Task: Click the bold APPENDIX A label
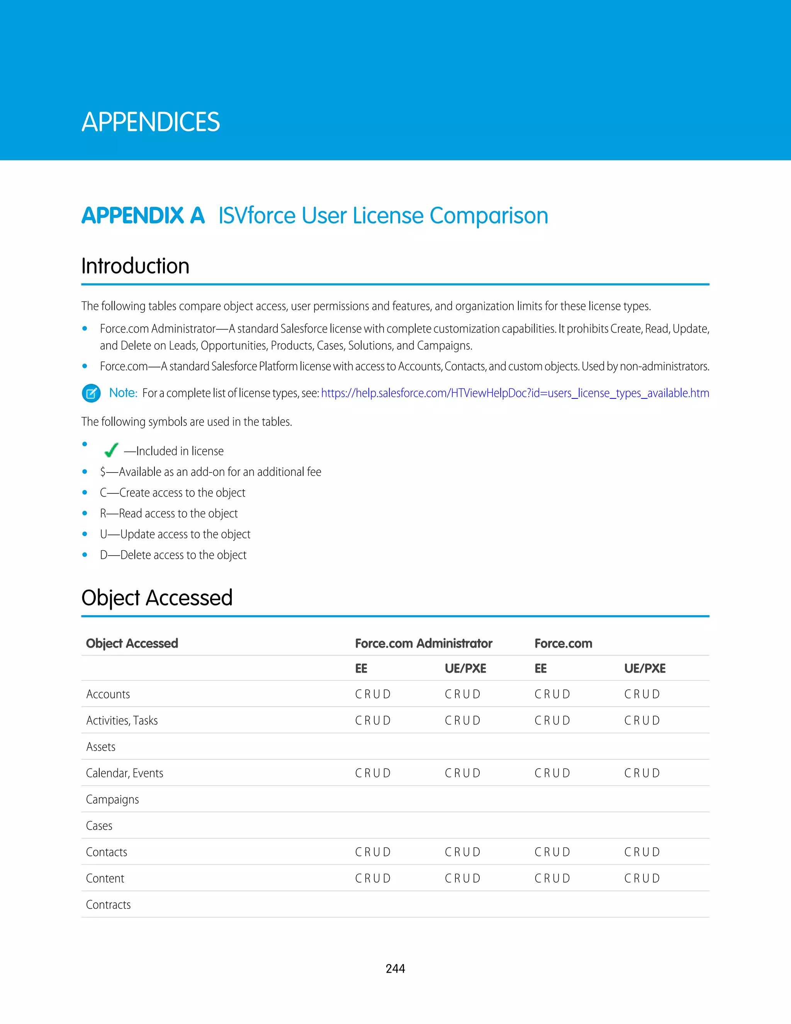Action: (143, 216)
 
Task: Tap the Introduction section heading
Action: (136, 266)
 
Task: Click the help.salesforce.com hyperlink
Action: (514, 393)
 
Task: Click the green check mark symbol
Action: (111, 451)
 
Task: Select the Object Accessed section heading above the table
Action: (156, 598)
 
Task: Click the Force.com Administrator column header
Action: (423, 643)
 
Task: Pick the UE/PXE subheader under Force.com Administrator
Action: (465, 668)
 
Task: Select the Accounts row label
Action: (108, 694)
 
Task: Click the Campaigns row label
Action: (112, 799)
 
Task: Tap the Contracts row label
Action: (108, 905)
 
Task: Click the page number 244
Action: (395, 968)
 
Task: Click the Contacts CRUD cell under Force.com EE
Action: (552, 852)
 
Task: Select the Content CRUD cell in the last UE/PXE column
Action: (642, 878)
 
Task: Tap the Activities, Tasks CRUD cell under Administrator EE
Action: (373, 720)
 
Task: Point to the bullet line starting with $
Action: (210, 472)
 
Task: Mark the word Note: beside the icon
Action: (123, 393)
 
